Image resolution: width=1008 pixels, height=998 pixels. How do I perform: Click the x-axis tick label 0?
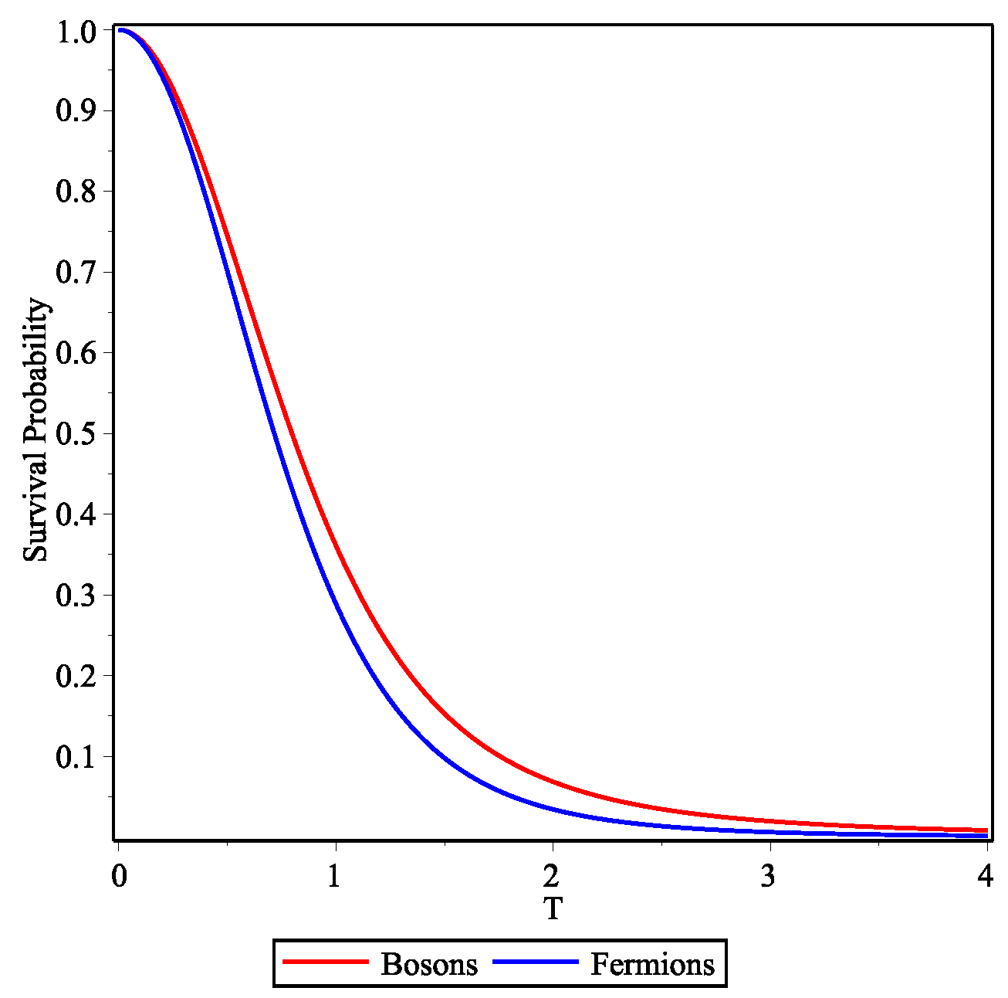coord(118,877)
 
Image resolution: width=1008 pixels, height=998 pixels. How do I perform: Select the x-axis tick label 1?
coord(334,877)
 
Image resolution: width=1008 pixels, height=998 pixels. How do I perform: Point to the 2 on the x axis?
coord(551,877)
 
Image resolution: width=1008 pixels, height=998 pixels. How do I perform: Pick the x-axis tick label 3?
coord(768,877)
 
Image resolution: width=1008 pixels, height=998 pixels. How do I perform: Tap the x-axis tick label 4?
coord(985,877)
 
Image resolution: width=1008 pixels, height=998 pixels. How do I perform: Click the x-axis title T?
coord(553,909)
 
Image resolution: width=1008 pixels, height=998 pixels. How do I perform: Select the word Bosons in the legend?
coord(429,965)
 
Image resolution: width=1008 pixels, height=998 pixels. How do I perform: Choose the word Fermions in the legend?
coord(652,965)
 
